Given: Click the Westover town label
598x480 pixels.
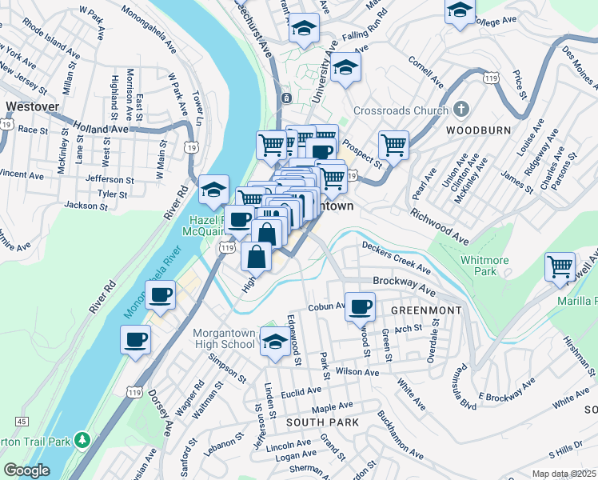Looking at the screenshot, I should click(x=29, y=105).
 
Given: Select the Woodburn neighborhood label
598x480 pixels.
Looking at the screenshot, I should click(x=472, y=130).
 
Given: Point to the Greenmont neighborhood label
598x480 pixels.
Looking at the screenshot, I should click(x=416, y=310).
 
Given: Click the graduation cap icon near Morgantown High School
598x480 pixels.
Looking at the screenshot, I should click(x=275, y=343).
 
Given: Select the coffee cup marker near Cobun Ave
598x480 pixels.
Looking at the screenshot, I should click(x=361, y=306).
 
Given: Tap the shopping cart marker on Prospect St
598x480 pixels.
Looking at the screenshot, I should click(x=393, y=145).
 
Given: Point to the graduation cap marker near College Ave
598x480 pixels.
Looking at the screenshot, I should click(x=460, y=10).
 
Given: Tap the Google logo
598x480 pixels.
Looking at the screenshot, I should click(x=26, y=470).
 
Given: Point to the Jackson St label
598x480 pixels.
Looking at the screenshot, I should click(x=86, y=206).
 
